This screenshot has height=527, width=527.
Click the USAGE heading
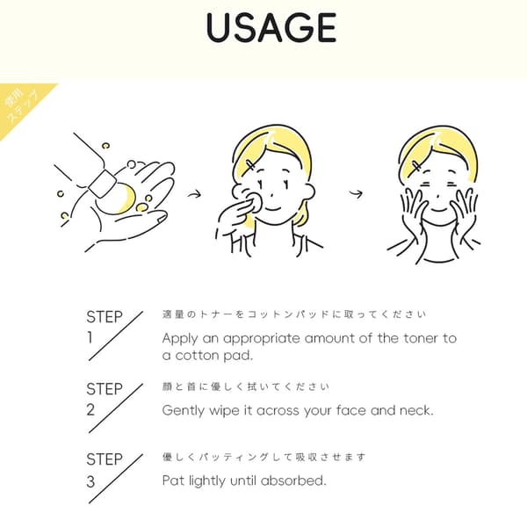click(x=271, y=28)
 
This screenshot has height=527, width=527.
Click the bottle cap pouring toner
click(x=103, y=184)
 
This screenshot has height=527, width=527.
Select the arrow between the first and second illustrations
click(x=194, y=194)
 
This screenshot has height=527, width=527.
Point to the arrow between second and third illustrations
click(x=356, y=193)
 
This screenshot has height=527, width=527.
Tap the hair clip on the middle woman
click(x=250, y=165)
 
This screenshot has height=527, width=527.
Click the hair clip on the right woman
click(x=417, y=166)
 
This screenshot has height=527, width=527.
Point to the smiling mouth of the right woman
click(x=438, y=210)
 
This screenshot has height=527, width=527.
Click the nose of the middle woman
click(x=271, y=196)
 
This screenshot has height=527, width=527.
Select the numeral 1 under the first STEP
click(x=90, y=337)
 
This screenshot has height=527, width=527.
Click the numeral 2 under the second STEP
click(x=90, y=409)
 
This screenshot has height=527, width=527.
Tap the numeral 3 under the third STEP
click(x=90, y=481)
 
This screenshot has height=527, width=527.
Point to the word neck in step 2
click(x=416, y=410)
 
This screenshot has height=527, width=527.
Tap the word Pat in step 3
click(x=173, y=480)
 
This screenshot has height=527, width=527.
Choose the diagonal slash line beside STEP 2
click(x=116, y=408)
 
